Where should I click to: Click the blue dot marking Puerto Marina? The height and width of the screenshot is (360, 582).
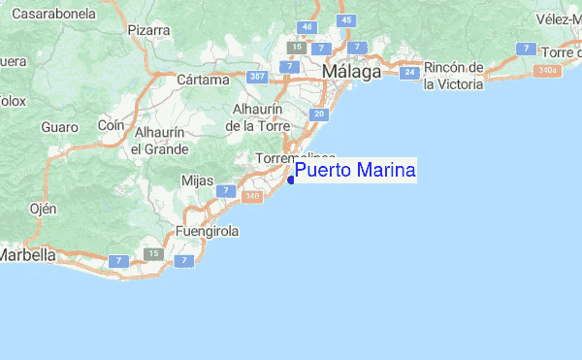[x=291, y=179]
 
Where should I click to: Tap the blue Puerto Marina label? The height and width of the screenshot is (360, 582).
[x=355, y=172]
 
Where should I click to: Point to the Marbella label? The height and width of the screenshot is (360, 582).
[x=27, y=255]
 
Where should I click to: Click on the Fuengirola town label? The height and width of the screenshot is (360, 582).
[x=207, y=233]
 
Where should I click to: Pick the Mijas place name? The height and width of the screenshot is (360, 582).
[x=197, y=180]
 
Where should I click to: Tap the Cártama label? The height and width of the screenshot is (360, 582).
[x=203, y=80]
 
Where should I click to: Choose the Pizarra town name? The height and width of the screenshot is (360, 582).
[x=148, y=30]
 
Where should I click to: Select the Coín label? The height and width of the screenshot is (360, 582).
[x=113, y=125]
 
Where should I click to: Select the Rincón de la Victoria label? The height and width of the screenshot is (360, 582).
[x=453, y=76]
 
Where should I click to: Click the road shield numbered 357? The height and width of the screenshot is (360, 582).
[x=257, y=77]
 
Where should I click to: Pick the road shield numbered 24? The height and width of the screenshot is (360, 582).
[x=410, y=72]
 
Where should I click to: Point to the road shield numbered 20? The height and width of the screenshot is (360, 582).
[x=318, y=115]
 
